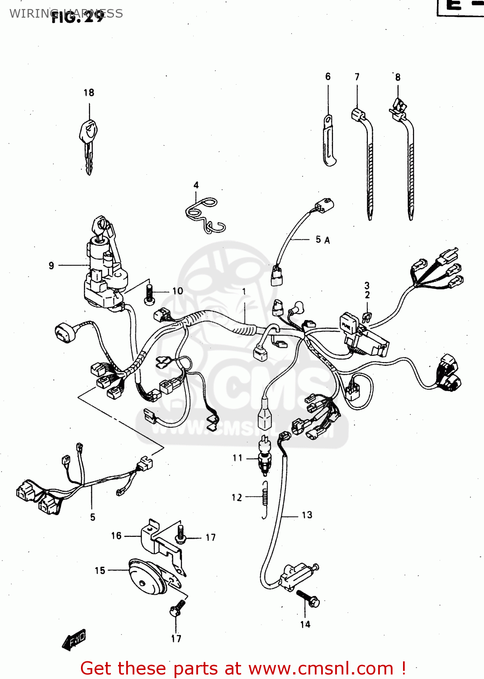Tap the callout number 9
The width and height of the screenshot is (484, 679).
(x=51, y=266)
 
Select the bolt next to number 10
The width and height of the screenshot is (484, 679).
(x=149, y=293)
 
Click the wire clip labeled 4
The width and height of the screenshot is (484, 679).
(x=205, y=215)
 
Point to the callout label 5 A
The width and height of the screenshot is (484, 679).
(x=323, y=239)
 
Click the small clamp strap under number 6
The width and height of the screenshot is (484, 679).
(x=329, y=141)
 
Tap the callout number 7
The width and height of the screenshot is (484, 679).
(x=357, y=77)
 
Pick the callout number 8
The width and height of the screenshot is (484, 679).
(x=398, y=77)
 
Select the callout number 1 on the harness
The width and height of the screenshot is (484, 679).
(x=244, y=292)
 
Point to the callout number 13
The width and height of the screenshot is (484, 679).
(x=307, y=515)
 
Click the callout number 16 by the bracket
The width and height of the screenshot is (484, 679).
(x=116, y=536)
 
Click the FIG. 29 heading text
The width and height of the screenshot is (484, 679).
(x=77, y=17)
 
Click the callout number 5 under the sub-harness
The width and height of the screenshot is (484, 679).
(x=92, y=517)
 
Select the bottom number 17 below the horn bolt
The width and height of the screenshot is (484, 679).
(x=176, y=639)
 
